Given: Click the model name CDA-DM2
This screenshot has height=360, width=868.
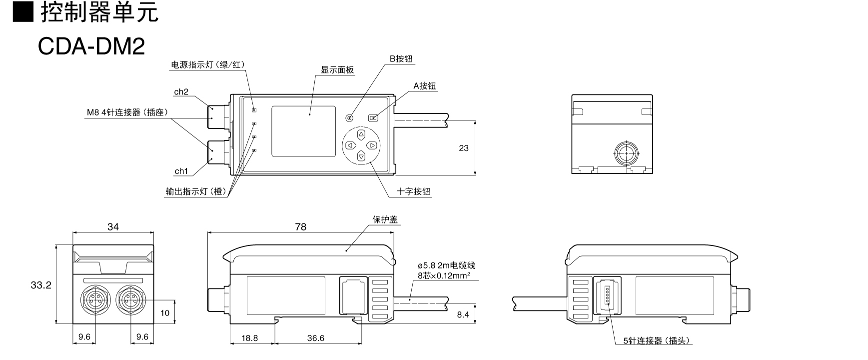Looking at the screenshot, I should (91, 46).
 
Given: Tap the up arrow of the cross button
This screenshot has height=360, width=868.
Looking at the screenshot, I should (361, 134).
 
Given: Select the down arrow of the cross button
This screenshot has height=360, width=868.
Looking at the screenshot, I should (361, 156).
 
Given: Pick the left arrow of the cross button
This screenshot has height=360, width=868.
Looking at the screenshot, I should (350, 145).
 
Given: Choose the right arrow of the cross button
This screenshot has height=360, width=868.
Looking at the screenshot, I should (372, 145).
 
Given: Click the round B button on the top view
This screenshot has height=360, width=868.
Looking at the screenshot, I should (349, 118).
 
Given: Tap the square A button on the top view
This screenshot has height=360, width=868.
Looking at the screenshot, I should (373, 118).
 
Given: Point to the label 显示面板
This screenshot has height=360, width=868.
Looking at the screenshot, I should (337, 70).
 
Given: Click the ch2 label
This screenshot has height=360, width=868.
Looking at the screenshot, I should (181, 92).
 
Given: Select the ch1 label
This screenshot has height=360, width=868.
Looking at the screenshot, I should (181, 171).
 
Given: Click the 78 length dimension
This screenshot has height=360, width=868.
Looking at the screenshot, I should (300, 226).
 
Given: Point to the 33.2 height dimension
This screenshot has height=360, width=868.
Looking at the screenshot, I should (41, 285).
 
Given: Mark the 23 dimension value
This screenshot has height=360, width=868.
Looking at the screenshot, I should (464, 148).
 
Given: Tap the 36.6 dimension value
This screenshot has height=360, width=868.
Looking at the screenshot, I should (316, 338).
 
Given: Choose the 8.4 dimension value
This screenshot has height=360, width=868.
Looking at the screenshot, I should (463, 314).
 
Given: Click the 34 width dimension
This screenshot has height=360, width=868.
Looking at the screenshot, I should (113, 226).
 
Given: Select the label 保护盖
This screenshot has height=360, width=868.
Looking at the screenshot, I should (385, 219).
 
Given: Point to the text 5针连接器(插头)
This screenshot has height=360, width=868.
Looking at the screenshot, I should (657, 341).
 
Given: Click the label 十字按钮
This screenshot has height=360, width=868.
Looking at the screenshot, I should (413, 191).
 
